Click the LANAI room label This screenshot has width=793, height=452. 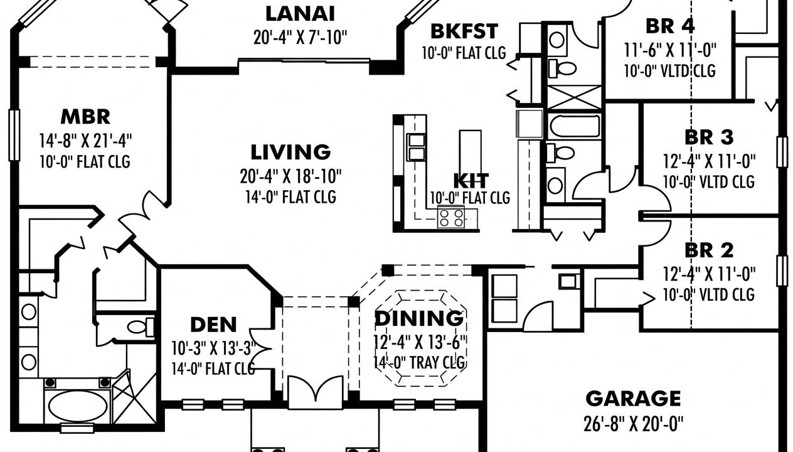point(300,14)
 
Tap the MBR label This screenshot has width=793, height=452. point(85,117)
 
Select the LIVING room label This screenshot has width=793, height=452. point(290,152)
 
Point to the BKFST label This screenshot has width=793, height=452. point(464,31)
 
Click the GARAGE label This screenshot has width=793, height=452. point(633,398)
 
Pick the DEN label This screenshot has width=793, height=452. point(213,325)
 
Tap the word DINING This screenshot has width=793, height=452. point(419,318)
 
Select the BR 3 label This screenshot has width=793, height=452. point(709,137)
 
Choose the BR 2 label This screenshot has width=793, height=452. point(709,250)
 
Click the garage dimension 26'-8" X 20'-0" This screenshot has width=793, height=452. point(633,424)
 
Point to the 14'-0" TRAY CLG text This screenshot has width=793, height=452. point(419,362)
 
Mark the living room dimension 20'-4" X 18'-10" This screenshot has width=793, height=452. point(290,176)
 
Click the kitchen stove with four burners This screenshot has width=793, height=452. point(451,217)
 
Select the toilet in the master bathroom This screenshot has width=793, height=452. point(141,326)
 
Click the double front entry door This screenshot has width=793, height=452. point(315,392)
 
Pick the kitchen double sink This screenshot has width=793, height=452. point(416,148)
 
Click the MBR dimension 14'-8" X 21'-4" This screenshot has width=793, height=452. point(85,141)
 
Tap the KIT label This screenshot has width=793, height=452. point(471,181)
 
